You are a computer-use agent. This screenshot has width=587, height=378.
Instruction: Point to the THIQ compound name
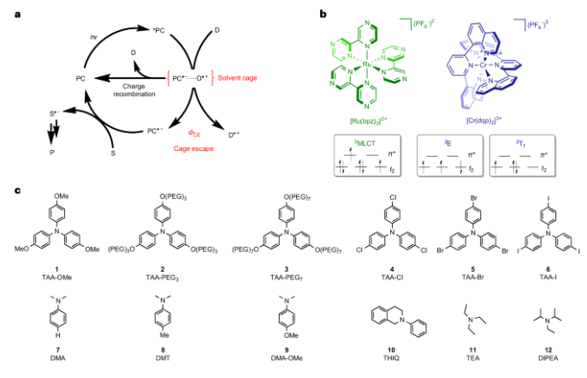pos(400,362)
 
